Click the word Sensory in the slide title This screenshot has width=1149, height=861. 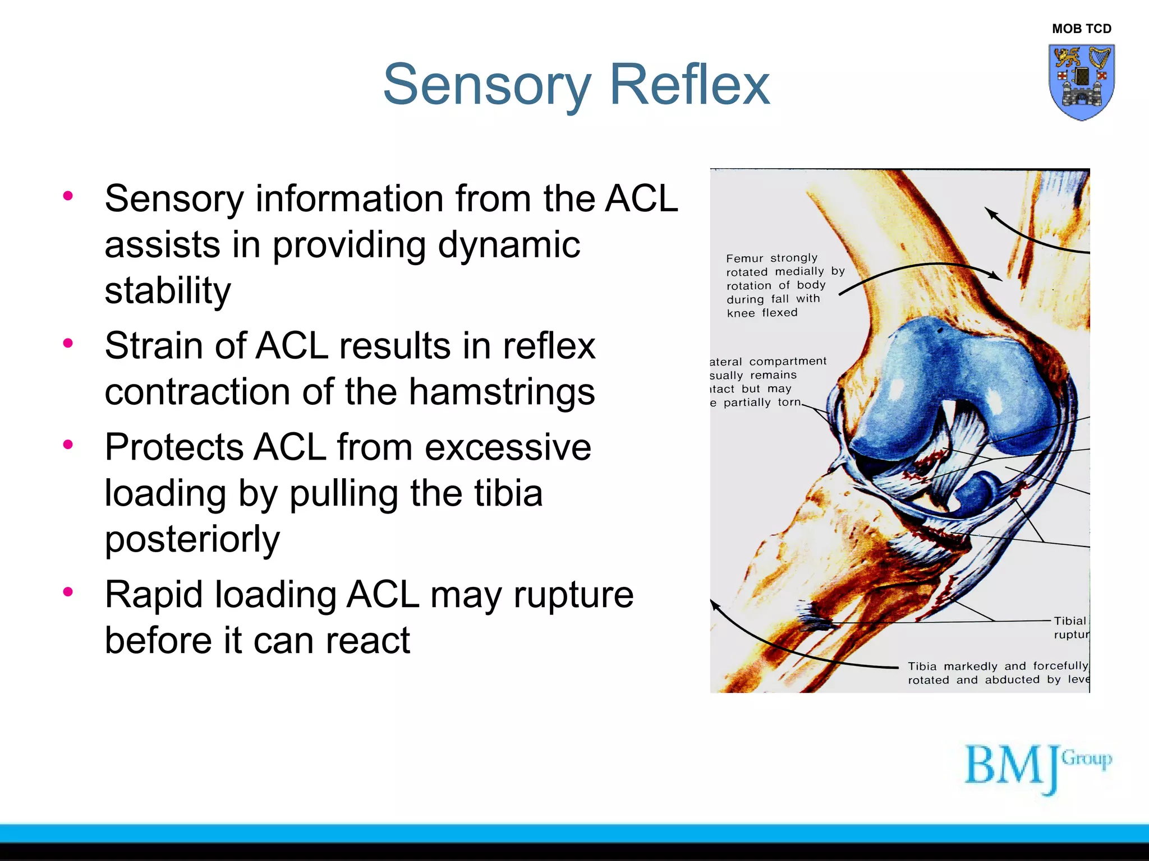(486, 85)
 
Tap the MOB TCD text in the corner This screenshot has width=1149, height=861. (1081, 29)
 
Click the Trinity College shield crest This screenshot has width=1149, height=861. (1081, 82)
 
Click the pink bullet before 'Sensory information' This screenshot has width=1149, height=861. (68, 196)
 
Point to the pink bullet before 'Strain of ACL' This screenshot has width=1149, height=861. (68, 343)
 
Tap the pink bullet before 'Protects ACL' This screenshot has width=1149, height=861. (68, 445)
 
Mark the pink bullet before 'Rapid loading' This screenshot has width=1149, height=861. (68, 592)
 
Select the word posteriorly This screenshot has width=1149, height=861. (192, 539)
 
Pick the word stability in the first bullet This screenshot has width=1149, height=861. (168, 291)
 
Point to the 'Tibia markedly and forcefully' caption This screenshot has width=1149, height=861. (998, 673)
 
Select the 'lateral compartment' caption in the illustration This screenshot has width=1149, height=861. (767, 382)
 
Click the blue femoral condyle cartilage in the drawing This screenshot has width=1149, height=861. (954, 381)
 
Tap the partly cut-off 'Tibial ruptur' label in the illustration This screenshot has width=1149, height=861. (1070, 627)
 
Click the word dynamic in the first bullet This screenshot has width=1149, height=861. (509, 245)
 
